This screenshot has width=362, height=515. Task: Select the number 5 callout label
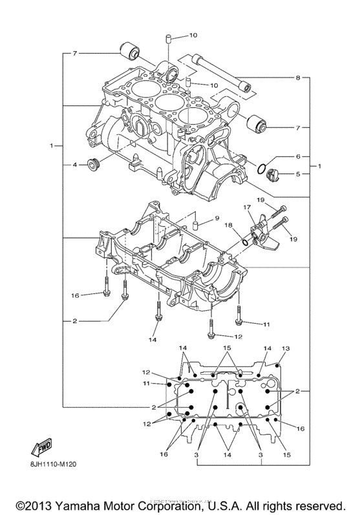coord(298,174)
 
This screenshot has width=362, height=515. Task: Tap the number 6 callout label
coord(298,157)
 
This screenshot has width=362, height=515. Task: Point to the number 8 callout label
coord(298,78)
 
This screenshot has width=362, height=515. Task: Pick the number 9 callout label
coord(218,218)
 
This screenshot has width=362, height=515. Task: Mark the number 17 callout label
coord(246,207)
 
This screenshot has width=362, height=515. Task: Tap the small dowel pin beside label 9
coord(193,224)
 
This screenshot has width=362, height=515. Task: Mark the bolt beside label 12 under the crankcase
coord(211,328)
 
